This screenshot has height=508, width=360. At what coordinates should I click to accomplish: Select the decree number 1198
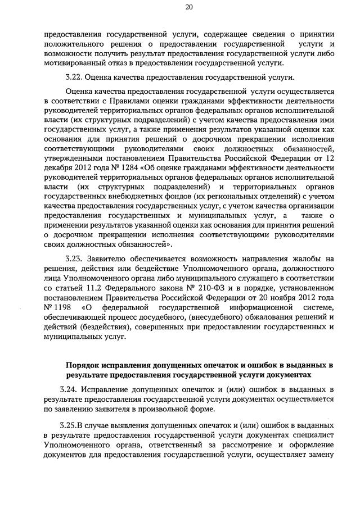63,307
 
